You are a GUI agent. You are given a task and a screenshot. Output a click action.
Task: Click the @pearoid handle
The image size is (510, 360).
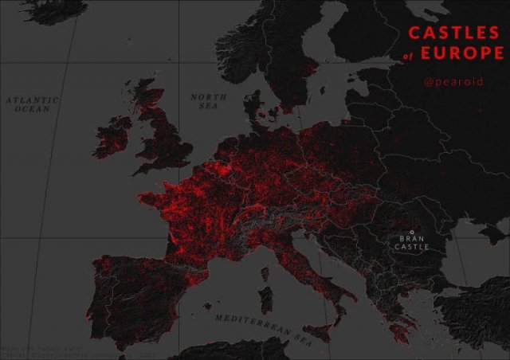[453, 81]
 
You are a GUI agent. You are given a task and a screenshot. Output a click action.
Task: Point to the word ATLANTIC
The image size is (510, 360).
[33, 100]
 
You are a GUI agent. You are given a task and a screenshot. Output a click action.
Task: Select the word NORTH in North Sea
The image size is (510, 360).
[208, 97]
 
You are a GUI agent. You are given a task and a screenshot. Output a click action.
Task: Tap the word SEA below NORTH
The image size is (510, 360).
[209, 106]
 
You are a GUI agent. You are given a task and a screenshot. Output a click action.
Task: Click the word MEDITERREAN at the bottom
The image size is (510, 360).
[249, 321]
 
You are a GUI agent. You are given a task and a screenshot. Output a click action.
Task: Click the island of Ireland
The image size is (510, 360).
[112, 137]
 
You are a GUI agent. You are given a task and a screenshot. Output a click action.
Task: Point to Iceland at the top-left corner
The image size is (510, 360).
[32, 10]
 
